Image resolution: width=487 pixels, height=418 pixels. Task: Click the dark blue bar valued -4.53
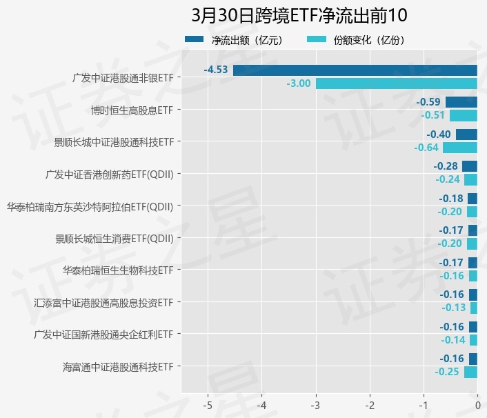pos(355,70)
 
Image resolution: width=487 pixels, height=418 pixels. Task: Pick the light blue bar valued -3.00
pos(396,83)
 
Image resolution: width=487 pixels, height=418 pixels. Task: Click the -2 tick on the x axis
pos(370,404)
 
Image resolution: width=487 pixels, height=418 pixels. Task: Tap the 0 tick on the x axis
pos(477,404)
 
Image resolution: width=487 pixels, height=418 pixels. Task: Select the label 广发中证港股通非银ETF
pos(122,77)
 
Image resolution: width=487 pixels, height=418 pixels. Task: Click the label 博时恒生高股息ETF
pos(131,110)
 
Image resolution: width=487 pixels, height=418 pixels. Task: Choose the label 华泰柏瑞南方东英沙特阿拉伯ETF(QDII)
pos(89,206)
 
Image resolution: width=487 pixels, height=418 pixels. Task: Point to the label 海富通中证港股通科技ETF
pos(117,366)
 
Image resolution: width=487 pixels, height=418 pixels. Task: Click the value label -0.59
pos(428,102)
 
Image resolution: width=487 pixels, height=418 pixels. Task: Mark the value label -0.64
pos(426,148)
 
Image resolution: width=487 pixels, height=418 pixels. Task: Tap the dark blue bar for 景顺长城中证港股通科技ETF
pos(466,135)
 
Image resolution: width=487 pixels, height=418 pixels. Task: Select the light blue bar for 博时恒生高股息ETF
pos(464,115)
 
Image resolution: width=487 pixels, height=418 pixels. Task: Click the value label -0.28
pos(446,166)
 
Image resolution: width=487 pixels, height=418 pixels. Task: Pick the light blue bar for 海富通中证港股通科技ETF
pos(470,372)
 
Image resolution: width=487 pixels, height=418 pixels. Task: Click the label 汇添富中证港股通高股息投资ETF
pos(103,302)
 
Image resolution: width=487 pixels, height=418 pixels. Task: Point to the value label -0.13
pos(453,308)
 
